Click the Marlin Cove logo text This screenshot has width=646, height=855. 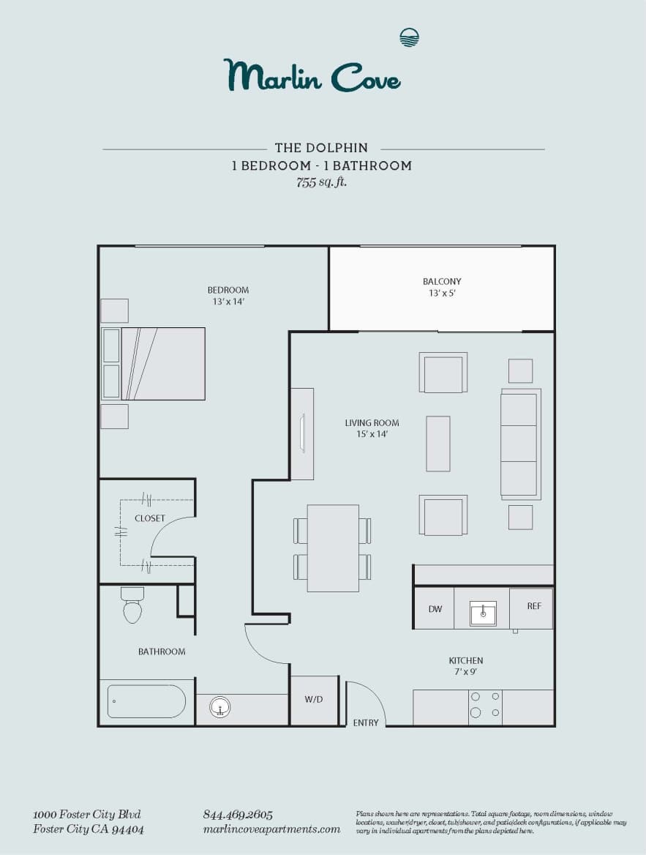coord(312,75)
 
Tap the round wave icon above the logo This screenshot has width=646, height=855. coord(409,37)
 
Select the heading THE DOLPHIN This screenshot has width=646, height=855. coord(321,148)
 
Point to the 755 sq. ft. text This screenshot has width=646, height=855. coord(322,182)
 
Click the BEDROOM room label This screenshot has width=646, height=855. coord(228,290)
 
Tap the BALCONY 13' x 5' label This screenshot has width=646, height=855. coord(442,287)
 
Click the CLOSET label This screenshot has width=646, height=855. coord(150,518)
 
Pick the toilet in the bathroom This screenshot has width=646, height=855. coord(132,605)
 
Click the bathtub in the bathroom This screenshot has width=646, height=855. coord(146,701)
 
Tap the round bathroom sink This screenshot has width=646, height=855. coord(219,707)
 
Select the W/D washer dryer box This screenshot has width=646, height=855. coord(314,700)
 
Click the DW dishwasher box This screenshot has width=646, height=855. coord(434,608)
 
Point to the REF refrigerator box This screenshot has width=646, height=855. coord(534,606)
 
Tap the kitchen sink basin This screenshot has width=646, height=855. coord(483,613)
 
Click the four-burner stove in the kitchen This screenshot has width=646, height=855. coord(485,704)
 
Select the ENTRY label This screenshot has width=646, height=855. coord(366,723)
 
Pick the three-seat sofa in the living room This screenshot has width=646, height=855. coord(519,444)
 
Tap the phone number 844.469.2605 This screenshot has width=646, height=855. coord(237,815)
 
